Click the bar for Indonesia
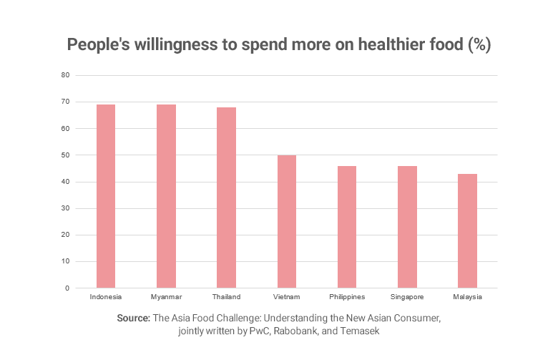click(106, 196)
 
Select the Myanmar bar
click(166, 196)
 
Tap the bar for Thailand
click(227, 198)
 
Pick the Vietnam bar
click(287, 222)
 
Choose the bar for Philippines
click(347, 227)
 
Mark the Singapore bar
click(408, 227)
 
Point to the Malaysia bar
click(468, 231)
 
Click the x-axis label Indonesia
click(106, 296)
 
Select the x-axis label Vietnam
click(287, 296)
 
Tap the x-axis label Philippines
click(347, 296)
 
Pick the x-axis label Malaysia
click(468, 296)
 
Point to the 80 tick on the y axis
click(65, 75)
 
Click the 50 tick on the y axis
click(65, 155)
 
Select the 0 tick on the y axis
click(67, 288)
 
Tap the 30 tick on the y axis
click(65, 208)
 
